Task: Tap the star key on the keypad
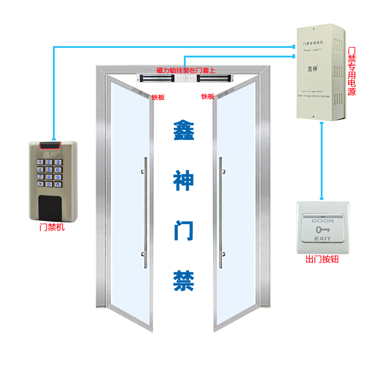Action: pos(40,184)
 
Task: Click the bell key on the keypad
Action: pos(57,184)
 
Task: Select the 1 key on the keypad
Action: pos(40,162)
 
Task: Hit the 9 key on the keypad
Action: pos(57,177)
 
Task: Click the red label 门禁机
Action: pos(52,227)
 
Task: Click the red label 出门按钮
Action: pos(322,260)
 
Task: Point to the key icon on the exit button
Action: pos(323,229)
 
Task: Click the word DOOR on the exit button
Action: pos(323,221)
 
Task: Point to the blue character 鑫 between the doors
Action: pos(184,131)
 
